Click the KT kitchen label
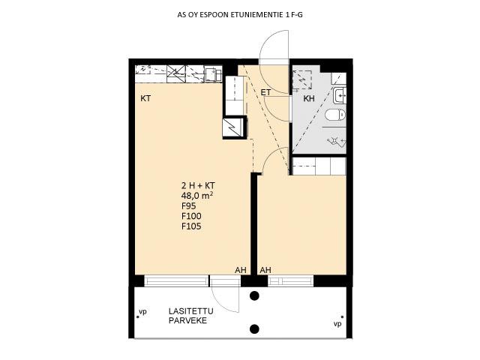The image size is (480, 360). [x=145, y=98]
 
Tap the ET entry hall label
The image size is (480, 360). [x=265, y=92]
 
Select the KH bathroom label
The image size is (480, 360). [x=309, y=98]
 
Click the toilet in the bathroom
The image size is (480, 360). [x=335, y=115]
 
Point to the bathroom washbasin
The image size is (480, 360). [x=339, y=95]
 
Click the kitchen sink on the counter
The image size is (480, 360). [x=213, y=74]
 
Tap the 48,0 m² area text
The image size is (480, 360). [x=197, y=195]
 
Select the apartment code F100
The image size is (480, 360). [x=191, y=216]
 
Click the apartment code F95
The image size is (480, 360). [x=188, y=205]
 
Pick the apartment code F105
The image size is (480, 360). [x=191, y=226]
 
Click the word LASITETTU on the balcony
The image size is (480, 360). [x=191, y=311]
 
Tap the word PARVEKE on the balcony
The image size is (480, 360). [x=187, y=321]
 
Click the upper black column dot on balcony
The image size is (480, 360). [x=254, y=295]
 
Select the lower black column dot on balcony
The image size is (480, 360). [x=254, y=329]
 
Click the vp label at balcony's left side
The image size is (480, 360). [x=142, y=312]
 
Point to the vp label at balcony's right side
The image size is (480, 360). [x=337, y=324]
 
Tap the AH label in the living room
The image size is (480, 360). [x=241, y=270]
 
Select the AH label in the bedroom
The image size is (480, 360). [x=265, y=270]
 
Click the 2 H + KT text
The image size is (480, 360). [x=198, y=185]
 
